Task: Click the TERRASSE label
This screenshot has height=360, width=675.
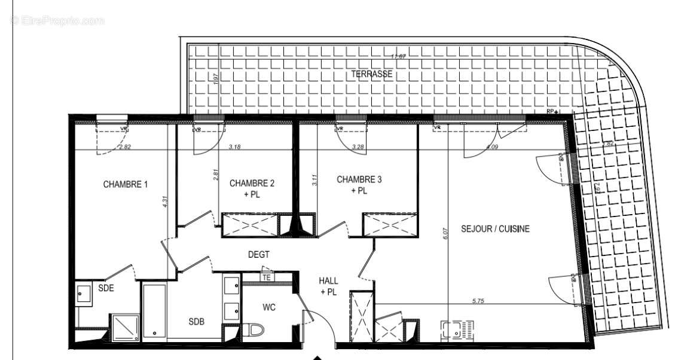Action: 371,74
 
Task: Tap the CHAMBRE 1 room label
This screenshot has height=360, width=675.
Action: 126,184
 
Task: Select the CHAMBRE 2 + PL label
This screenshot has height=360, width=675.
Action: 252,188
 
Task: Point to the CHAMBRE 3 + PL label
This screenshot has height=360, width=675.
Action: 359,185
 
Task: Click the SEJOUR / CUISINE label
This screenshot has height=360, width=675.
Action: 495,228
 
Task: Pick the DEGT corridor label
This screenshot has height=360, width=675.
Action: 259,255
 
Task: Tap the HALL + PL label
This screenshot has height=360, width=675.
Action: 328,286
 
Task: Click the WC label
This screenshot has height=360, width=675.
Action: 269,307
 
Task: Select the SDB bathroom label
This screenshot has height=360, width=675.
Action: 197,322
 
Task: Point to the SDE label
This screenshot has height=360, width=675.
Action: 106,288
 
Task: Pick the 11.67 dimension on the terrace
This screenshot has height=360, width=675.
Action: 398,57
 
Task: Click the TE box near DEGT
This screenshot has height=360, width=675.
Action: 267,277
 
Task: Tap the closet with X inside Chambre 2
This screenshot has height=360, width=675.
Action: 250,224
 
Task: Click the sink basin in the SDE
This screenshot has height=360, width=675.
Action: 83,294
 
